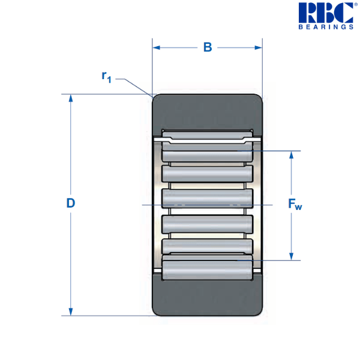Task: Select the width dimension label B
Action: coord(208,47)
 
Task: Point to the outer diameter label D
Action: coord(70,203)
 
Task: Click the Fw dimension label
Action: coord(295,205)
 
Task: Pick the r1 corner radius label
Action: coord(106,76)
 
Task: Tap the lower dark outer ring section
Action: coord(207,297)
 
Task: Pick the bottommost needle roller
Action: coord(207,266)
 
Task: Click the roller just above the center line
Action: coord(207,197)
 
